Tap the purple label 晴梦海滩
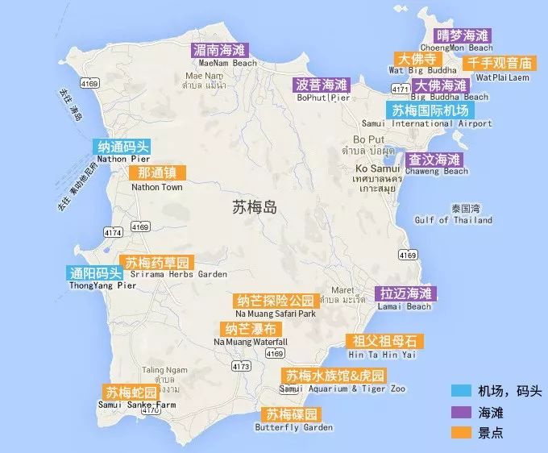coord(463,35)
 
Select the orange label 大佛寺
coord(417,60)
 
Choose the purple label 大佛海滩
coord(439,85)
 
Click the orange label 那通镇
coord(158,173)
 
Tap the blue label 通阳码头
coord(94,272)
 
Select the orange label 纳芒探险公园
coord(275,301)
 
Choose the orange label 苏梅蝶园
coord(292,414)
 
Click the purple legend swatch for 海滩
coord(460,410)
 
